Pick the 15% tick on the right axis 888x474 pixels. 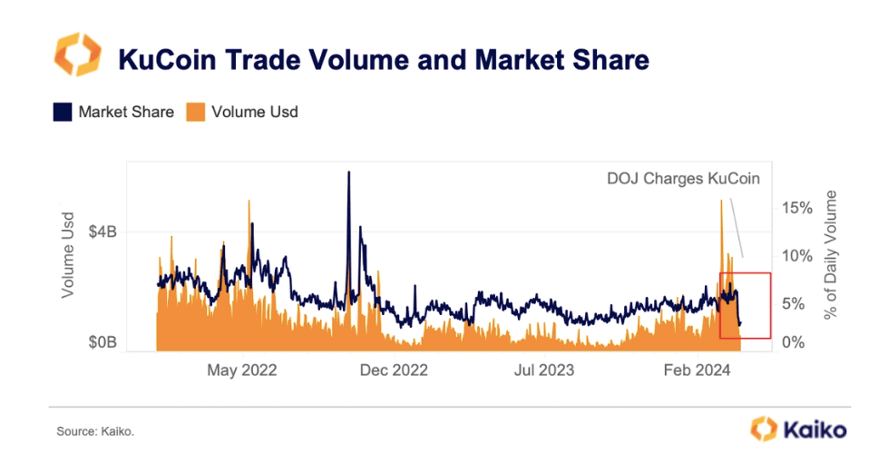[795, 208]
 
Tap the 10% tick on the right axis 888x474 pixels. [795, 256]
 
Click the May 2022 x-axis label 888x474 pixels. [242, 370]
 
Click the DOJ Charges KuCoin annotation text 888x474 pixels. [683, 179]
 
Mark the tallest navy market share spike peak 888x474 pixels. [348, 173]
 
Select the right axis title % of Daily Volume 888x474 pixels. [831, 256]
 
